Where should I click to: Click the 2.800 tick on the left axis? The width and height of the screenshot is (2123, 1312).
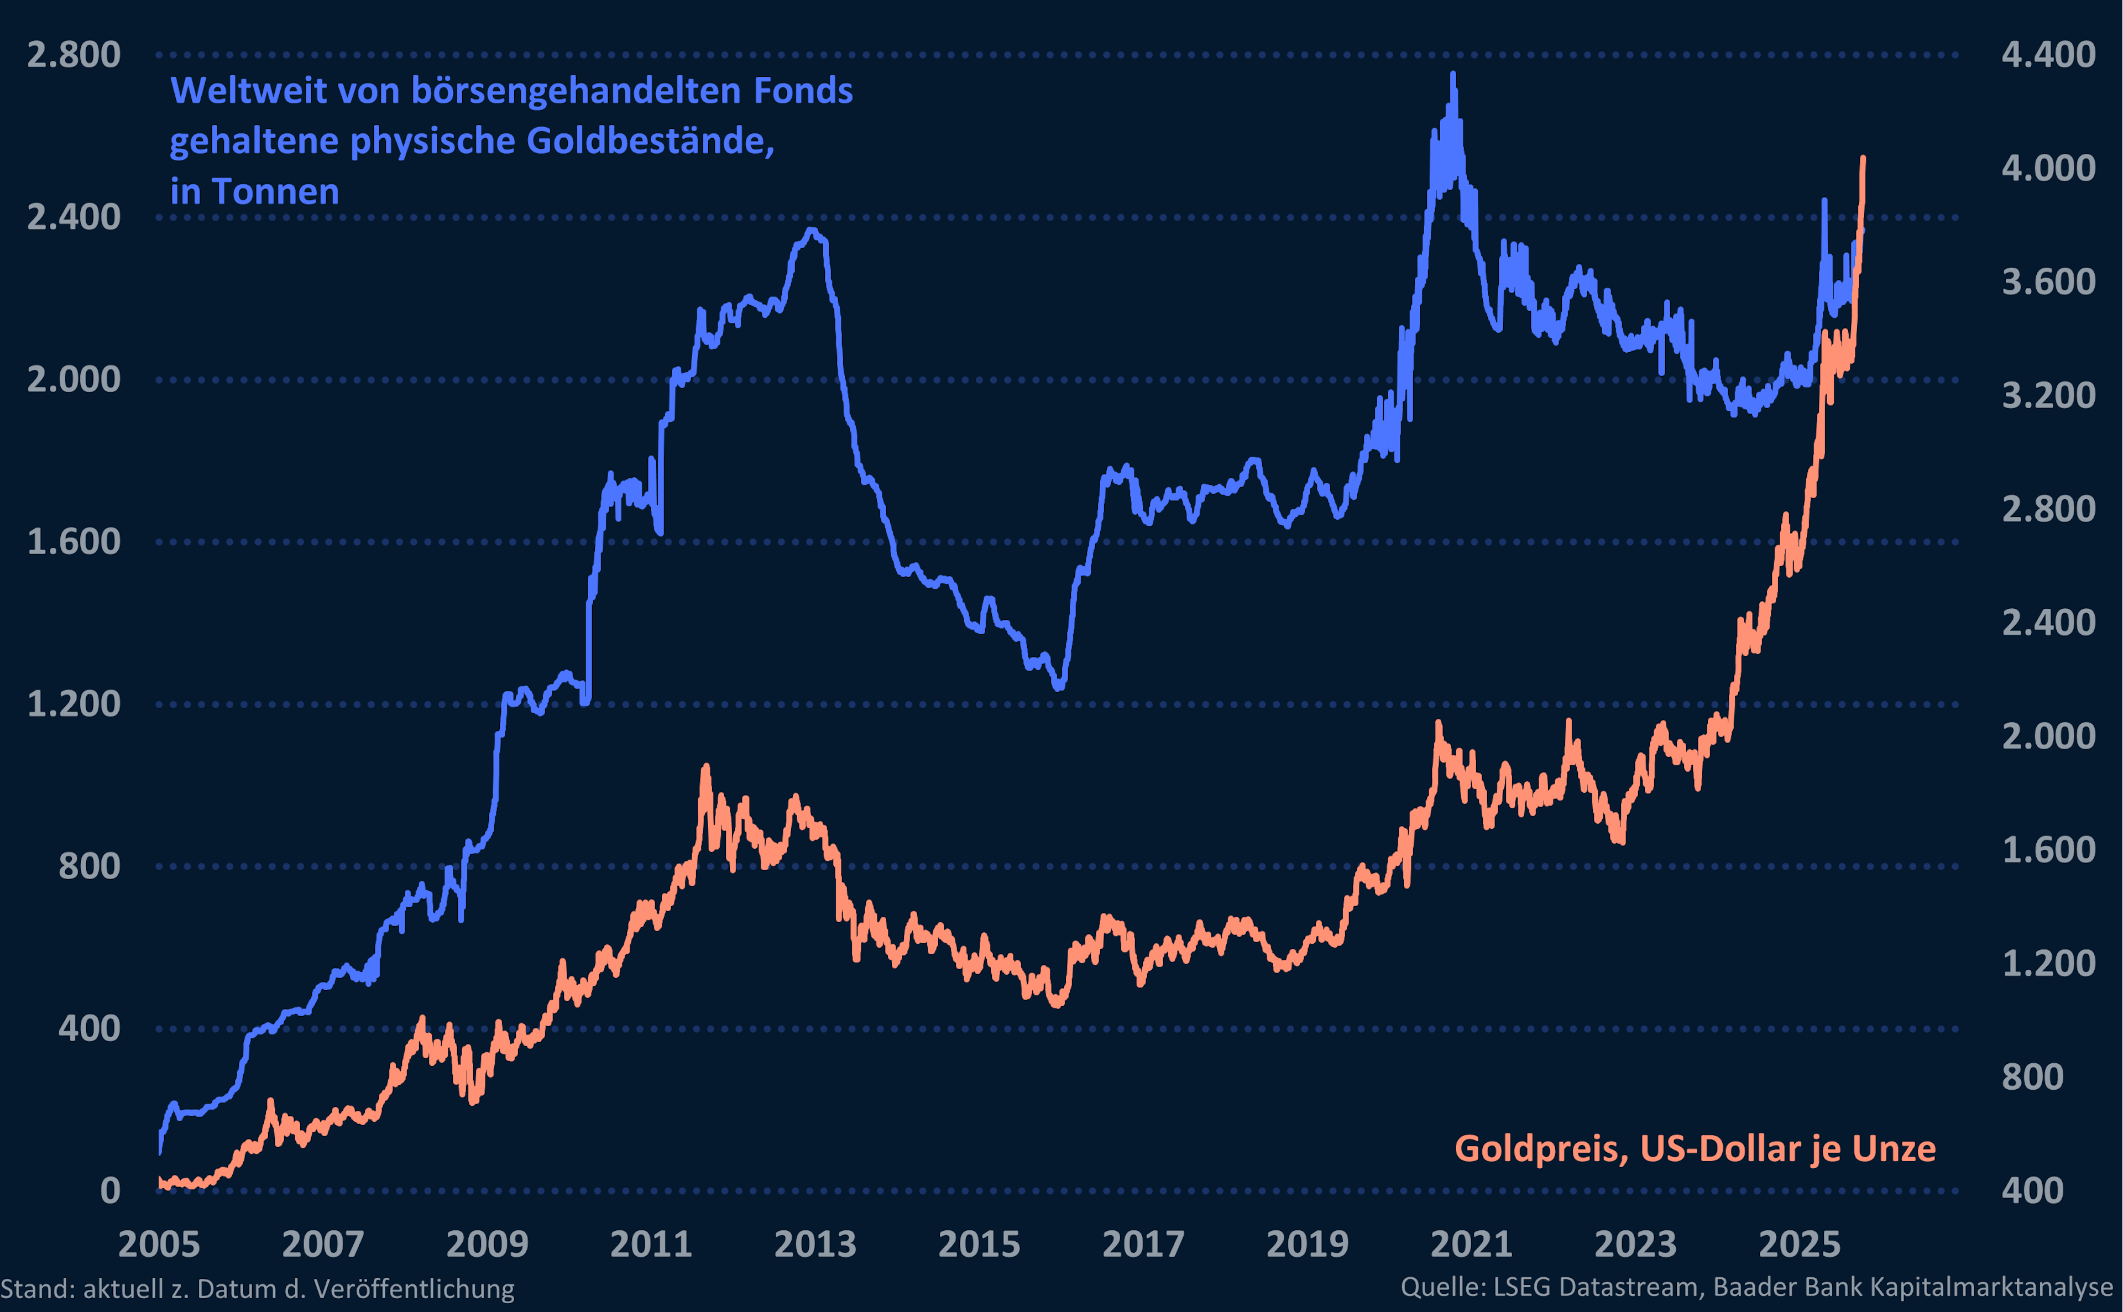pos(74,55)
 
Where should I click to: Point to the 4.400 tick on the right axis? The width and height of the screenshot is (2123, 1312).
pos(2047,55)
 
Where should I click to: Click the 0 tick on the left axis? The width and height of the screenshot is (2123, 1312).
pos(110,1190)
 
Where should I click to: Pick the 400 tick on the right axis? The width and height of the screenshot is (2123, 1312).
pos(2033,1190)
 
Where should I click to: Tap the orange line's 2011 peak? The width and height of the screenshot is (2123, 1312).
pos(705,767)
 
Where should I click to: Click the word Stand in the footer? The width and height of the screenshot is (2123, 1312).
pos(35,1289)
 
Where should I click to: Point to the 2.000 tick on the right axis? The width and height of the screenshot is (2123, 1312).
pos(2047,736)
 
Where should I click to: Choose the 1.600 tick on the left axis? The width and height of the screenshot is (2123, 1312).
pos(74,541)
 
